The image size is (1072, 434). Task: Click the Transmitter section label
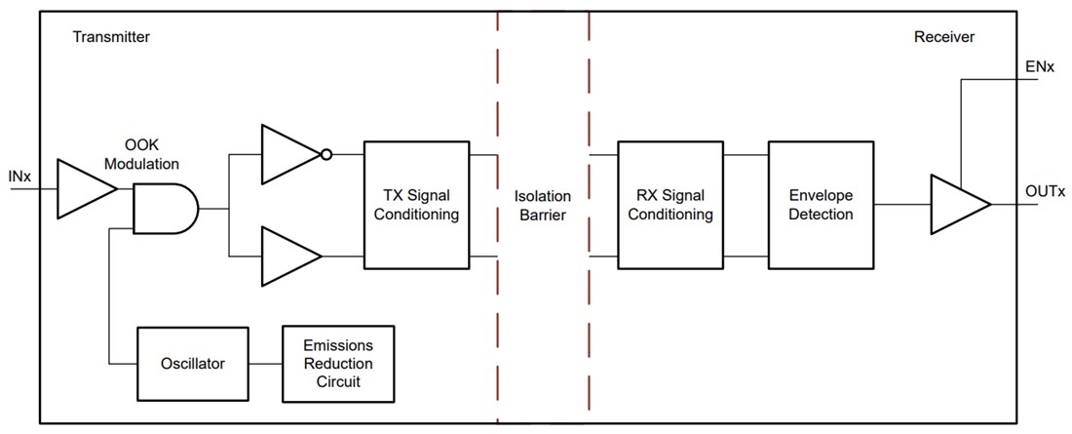(111, 37)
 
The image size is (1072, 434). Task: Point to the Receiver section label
(943, 37)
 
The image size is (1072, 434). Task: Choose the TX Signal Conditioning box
(416, 205)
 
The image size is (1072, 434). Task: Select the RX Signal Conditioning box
(670, 205)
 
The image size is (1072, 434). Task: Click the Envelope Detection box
(821, 205)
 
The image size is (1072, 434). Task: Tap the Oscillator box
(192, 364)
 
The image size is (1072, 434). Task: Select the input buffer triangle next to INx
(85, 187)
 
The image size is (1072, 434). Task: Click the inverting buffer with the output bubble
(288, 154)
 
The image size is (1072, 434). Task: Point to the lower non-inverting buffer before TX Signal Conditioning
(288, 256)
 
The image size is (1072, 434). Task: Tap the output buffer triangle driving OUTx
(958, 205)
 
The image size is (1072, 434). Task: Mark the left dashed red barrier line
(498, 215)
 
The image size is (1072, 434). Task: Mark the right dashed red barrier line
(590, 215)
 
